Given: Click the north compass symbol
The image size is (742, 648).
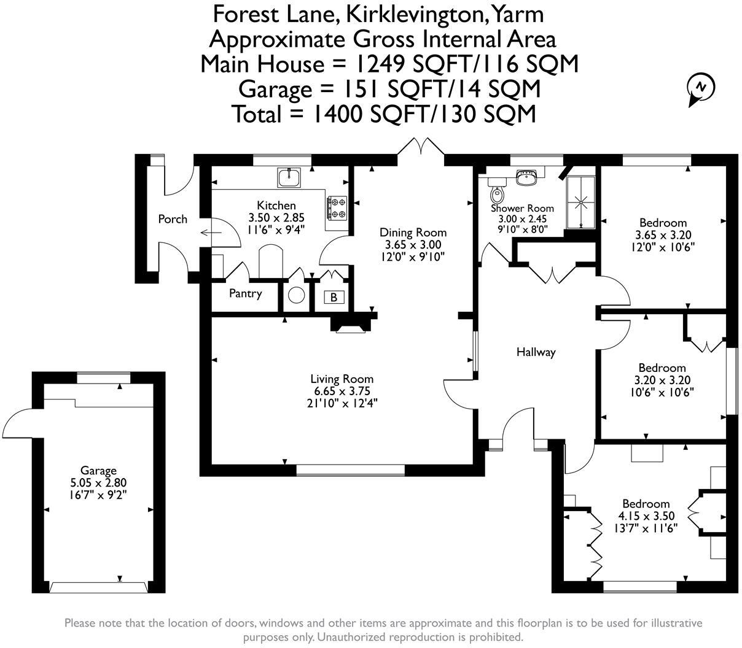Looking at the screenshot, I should coord(700,88).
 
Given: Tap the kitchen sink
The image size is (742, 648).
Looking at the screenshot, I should coord(289,177).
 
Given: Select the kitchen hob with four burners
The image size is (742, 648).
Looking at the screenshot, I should coord(337,207).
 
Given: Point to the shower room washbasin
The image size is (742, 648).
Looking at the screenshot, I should coord(526,177).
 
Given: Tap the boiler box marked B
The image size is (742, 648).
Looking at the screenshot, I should coord(334,298).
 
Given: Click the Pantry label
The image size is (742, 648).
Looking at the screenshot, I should coord(245,293).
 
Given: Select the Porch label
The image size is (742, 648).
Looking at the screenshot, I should coord(173,219).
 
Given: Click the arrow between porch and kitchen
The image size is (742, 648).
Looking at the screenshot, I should coord(209,233).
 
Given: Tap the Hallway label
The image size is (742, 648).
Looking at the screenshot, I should coord(536,352).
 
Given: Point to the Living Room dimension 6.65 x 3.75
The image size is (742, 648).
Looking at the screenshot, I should coord(342,391).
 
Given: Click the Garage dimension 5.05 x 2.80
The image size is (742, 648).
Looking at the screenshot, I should coord(98,482).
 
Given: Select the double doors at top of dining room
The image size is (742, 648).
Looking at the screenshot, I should coord(421,147).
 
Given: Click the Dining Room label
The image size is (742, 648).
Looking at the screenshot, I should coord(413,233).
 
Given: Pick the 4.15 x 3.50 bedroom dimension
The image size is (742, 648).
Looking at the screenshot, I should coord(645,515).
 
